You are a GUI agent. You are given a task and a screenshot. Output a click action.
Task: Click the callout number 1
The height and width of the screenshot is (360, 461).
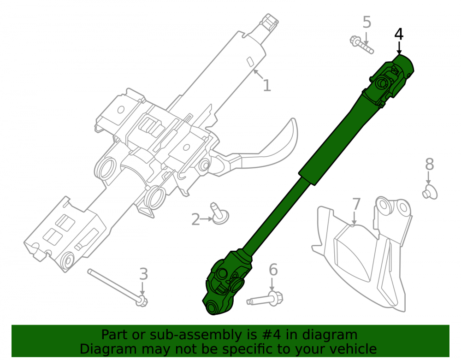coord(266,85)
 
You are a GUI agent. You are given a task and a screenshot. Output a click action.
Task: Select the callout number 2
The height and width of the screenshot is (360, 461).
coord(195,219)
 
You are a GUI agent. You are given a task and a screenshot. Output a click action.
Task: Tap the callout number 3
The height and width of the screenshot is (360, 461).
coord(143,274)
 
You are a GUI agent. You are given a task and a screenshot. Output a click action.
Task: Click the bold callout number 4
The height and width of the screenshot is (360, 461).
coord(399,34)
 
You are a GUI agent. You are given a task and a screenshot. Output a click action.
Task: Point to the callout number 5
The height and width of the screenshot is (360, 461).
coord(366,22)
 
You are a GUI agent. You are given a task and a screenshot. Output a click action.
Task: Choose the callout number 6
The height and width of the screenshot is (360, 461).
coord(273,270)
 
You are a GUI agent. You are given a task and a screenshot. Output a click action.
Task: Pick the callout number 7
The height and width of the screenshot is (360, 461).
coord(356,204)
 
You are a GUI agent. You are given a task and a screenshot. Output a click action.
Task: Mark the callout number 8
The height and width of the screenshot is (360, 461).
coord(430,164)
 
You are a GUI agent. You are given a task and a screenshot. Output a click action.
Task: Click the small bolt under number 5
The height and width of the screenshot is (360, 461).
coord(361,45)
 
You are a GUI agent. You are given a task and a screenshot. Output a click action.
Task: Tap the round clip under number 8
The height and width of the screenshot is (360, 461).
coord(430,192)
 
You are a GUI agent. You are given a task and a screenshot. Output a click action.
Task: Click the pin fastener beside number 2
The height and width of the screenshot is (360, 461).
coord(219,213)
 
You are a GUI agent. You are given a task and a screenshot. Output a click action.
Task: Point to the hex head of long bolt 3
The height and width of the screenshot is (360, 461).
coord(142,301)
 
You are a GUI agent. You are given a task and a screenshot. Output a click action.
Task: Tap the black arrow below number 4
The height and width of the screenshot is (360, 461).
coord(399,48)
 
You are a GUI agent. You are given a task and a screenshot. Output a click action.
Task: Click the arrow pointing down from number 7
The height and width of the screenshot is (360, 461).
coord(355,218)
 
